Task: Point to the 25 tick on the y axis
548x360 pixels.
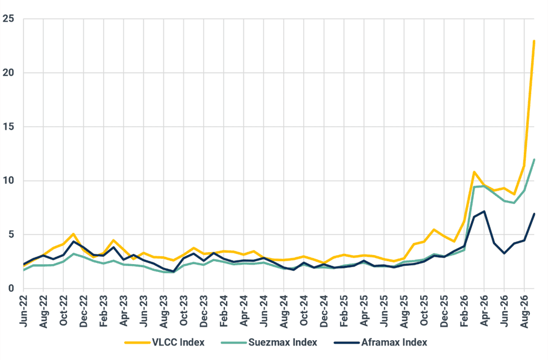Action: point(8,19)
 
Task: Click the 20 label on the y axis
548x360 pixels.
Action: point(8,73)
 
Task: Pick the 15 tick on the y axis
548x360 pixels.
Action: point(8,127)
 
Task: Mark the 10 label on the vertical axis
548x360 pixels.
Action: point(8,181)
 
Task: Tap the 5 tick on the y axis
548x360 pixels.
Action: point(11,235)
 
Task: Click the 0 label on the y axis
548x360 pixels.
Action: point(11,289)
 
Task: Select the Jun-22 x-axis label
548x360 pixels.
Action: point(24,311)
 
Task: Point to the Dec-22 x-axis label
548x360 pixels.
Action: point(84,311)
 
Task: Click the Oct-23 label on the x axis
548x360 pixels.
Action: point(184,311)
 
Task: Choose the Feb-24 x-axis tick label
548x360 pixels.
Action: point(224,311)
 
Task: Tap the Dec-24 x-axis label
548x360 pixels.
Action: point(324,311)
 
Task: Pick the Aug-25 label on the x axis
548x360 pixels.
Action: point(405,311)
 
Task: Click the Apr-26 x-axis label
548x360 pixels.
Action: point(484,311)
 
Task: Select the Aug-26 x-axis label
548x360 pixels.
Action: point(524,311)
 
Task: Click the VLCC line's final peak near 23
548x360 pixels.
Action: point(534,41)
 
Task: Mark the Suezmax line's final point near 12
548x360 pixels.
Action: point(534,160)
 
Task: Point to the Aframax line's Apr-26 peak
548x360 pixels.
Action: point(484,212)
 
